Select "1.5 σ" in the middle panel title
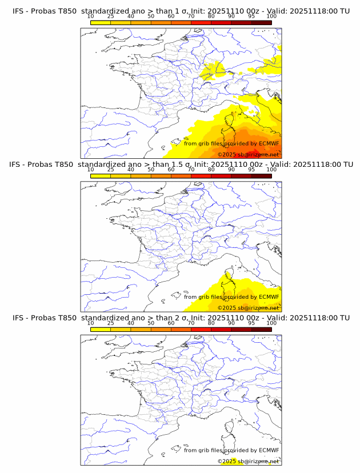coord(182,165)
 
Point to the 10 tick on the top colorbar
coord(91,17)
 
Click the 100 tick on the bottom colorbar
coord(271,323)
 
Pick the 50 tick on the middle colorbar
coord(151,170)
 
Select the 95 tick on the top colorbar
coord(251,17)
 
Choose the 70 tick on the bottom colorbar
coord(191,323)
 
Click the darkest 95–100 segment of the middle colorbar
coord(261,176)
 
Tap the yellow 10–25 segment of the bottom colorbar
coord(101,329)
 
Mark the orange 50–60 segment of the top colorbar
coord(161,23)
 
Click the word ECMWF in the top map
coord(269,143)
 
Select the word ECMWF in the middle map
coord(269,296)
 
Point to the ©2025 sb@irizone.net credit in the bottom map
coord(248,461)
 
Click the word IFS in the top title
coord(18,11)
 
